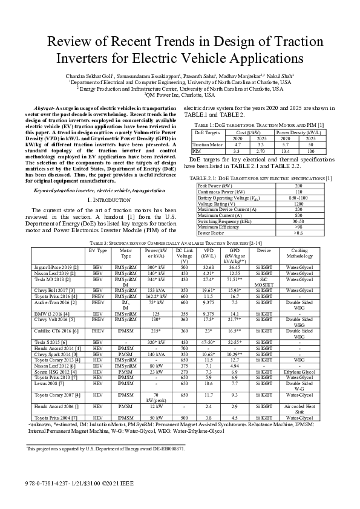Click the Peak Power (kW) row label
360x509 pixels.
click(x=215, y=186)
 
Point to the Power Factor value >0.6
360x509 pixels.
click(x=298, y=232)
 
